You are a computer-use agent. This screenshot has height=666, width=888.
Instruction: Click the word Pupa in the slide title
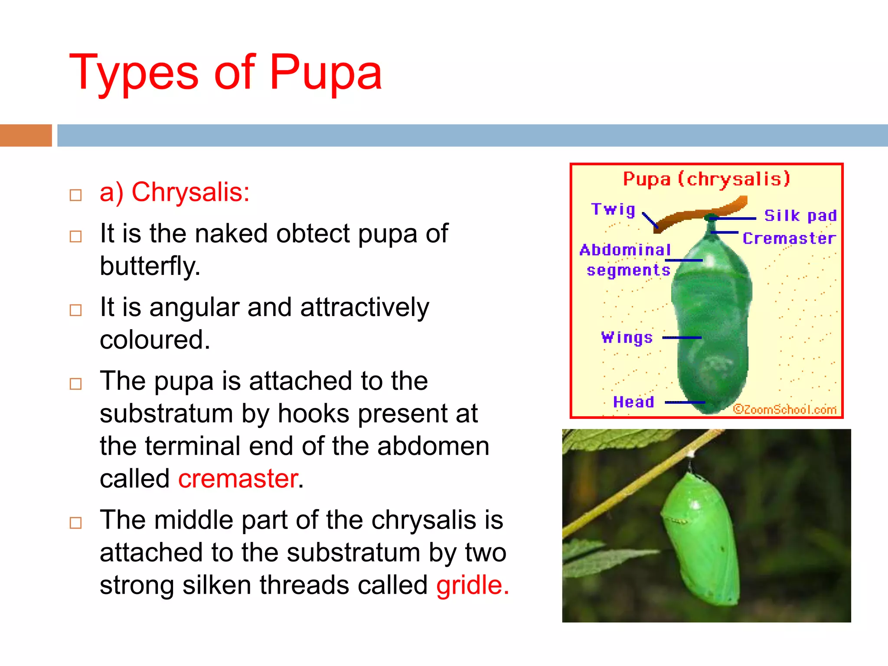pos(325,73)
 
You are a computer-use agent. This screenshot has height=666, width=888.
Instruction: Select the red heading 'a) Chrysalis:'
pos(174,192)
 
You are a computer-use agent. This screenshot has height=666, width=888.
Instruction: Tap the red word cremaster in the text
pos(238,479)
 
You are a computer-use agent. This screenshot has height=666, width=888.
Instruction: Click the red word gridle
pos(472,585)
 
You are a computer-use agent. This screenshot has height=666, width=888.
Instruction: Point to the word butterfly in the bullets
pos(150,266)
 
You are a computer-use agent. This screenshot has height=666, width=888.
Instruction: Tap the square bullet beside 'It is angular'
pos(76,310)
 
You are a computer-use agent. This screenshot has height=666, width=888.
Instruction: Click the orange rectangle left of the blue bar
pos(26,135)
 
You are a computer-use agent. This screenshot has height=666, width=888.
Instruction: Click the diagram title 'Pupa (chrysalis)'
pos(706,179)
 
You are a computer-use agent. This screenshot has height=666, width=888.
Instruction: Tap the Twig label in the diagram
pos(613,209)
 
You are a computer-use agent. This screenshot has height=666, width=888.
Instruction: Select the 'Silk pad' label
pos(800,215)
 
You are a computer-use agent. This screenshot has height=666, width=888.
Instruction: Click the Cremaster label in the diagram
pos(789,238)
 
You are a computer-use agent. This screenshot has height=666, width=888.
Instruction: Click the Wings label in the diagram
pos(627,337)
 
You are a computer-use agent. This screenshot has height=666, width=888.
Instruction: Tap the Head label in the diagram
pos(633,402)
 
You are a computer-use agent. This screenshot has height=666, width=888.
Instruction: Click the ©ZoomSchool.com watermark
pos(784,409)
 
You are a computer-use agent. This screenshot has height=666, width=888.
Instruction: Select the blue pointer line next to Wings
pos(682,337)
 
